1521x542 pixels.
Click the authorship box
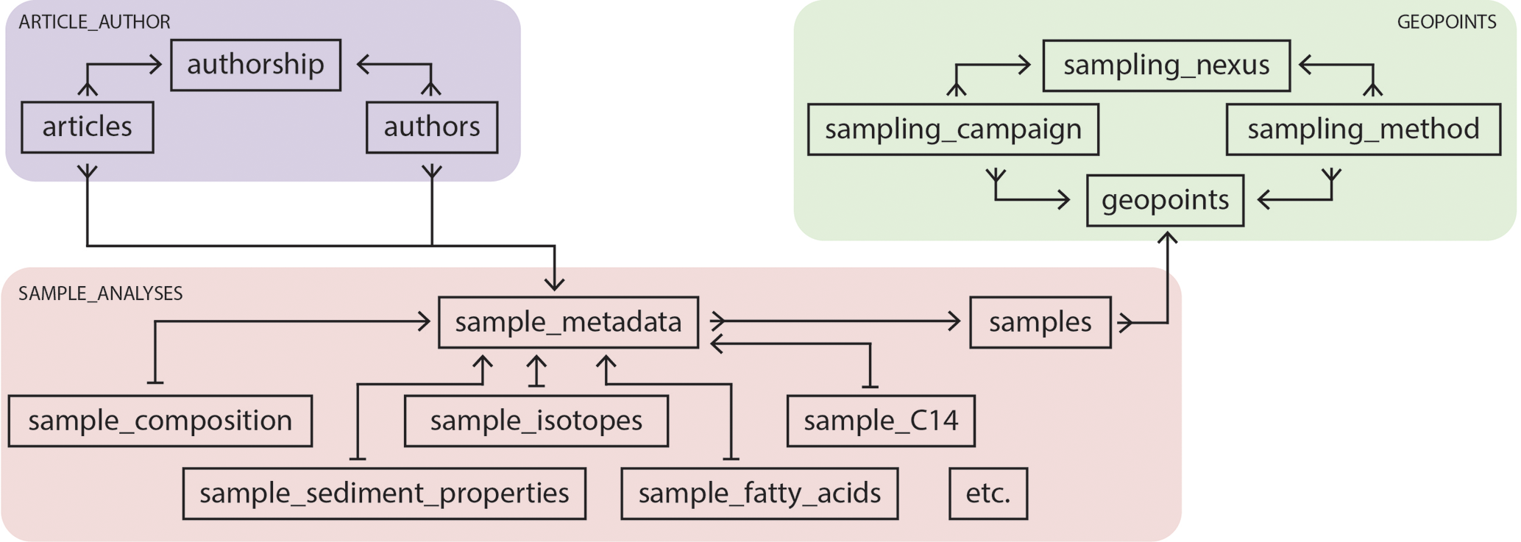coord(255,65)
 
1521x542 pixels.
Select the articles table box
coord(87,127)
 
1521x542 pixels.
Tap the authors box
coord(431,127)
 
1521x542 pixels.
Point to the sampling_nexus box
coord(1166,65)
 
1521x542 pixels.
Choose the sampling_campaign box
coord(952,129)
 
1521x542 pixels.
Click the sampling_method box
coord(1362,129)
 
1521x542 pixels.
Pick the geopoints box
coord(1164,200)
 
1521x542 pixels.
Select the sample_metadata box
coord(567,322)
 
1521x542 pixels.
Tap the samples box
coord(1039,322)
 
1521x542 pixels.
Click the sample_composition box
coord(160,421)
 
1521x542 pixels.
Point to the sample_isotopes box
coord(536,421)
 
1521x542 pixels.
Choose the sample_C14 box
coord(880,421)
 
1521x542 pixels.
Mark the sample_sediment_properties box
coord(383,493)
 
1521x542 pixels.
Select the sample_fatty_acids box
coord(759,493)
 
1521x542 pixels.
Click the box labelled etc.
coord(988,493)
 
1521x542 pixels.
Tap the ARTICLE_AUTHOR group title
coord(94,22)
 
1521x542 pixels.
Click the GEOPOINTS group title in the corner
coord(1446,22)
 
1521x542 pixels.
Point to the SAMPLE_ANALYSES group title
coord(100,293)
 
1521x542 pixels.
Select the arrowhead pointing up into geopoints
coord(1167,238)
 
